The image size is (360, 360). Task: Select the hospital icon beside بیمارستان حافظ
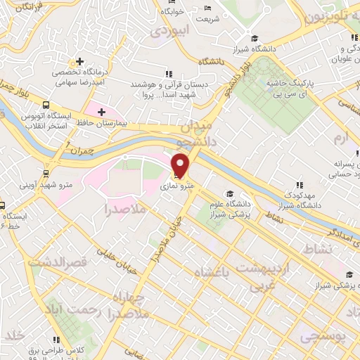coord(102,112)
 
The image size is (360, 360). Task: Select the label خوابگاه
coord(172,12)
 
